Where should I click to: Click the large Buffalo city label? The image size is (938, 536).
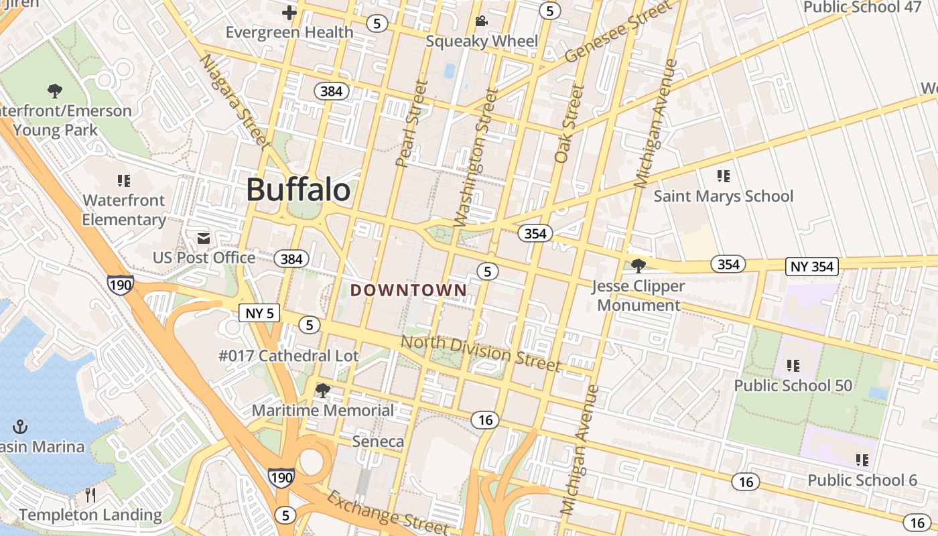[x=298, y=190]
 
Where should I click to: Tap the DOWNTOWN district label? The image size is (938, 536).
[x=409, y=290]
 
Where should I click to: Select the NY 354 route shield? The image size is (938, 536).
[x=813, y=267]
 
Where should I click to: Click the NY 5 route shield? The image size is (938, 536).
[x=259, y=313]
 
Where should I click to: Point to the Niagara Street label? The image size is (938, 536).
[x=234, y=100]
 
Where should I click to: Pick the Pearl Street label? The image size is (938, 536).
[x=411, y=124]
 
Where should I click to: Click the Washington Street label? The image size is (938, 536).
[x=476, y=157]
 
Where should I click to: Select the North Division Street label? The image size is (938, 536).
[x=480, y=353]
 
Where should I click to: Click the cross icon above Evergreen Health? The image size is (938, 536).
[x=289, y=13]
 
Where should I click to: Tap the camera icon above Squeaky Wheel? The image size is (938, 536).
[x=481, y=21]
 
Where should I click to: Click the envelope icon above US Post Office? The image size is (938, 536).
[x=204, y=239]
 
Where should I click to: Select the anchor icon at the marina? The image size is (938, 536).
[x=21, y=427]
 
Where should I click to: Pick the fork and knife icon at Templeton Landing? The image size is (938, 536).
[x=91, y=495]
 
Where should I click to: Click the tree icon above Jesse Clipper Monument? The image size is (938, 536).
[x=639, y=265]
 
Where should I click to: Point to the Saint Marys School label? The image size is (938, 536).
[x=723, y=196]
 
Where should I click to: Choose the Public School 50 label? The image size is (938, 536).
[x=793, y=385]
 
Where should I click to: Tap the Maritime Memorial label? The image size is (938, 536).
[x=323, y=410]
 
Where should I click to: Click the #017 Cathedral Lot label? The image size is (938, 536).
[x=289, y=356]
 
